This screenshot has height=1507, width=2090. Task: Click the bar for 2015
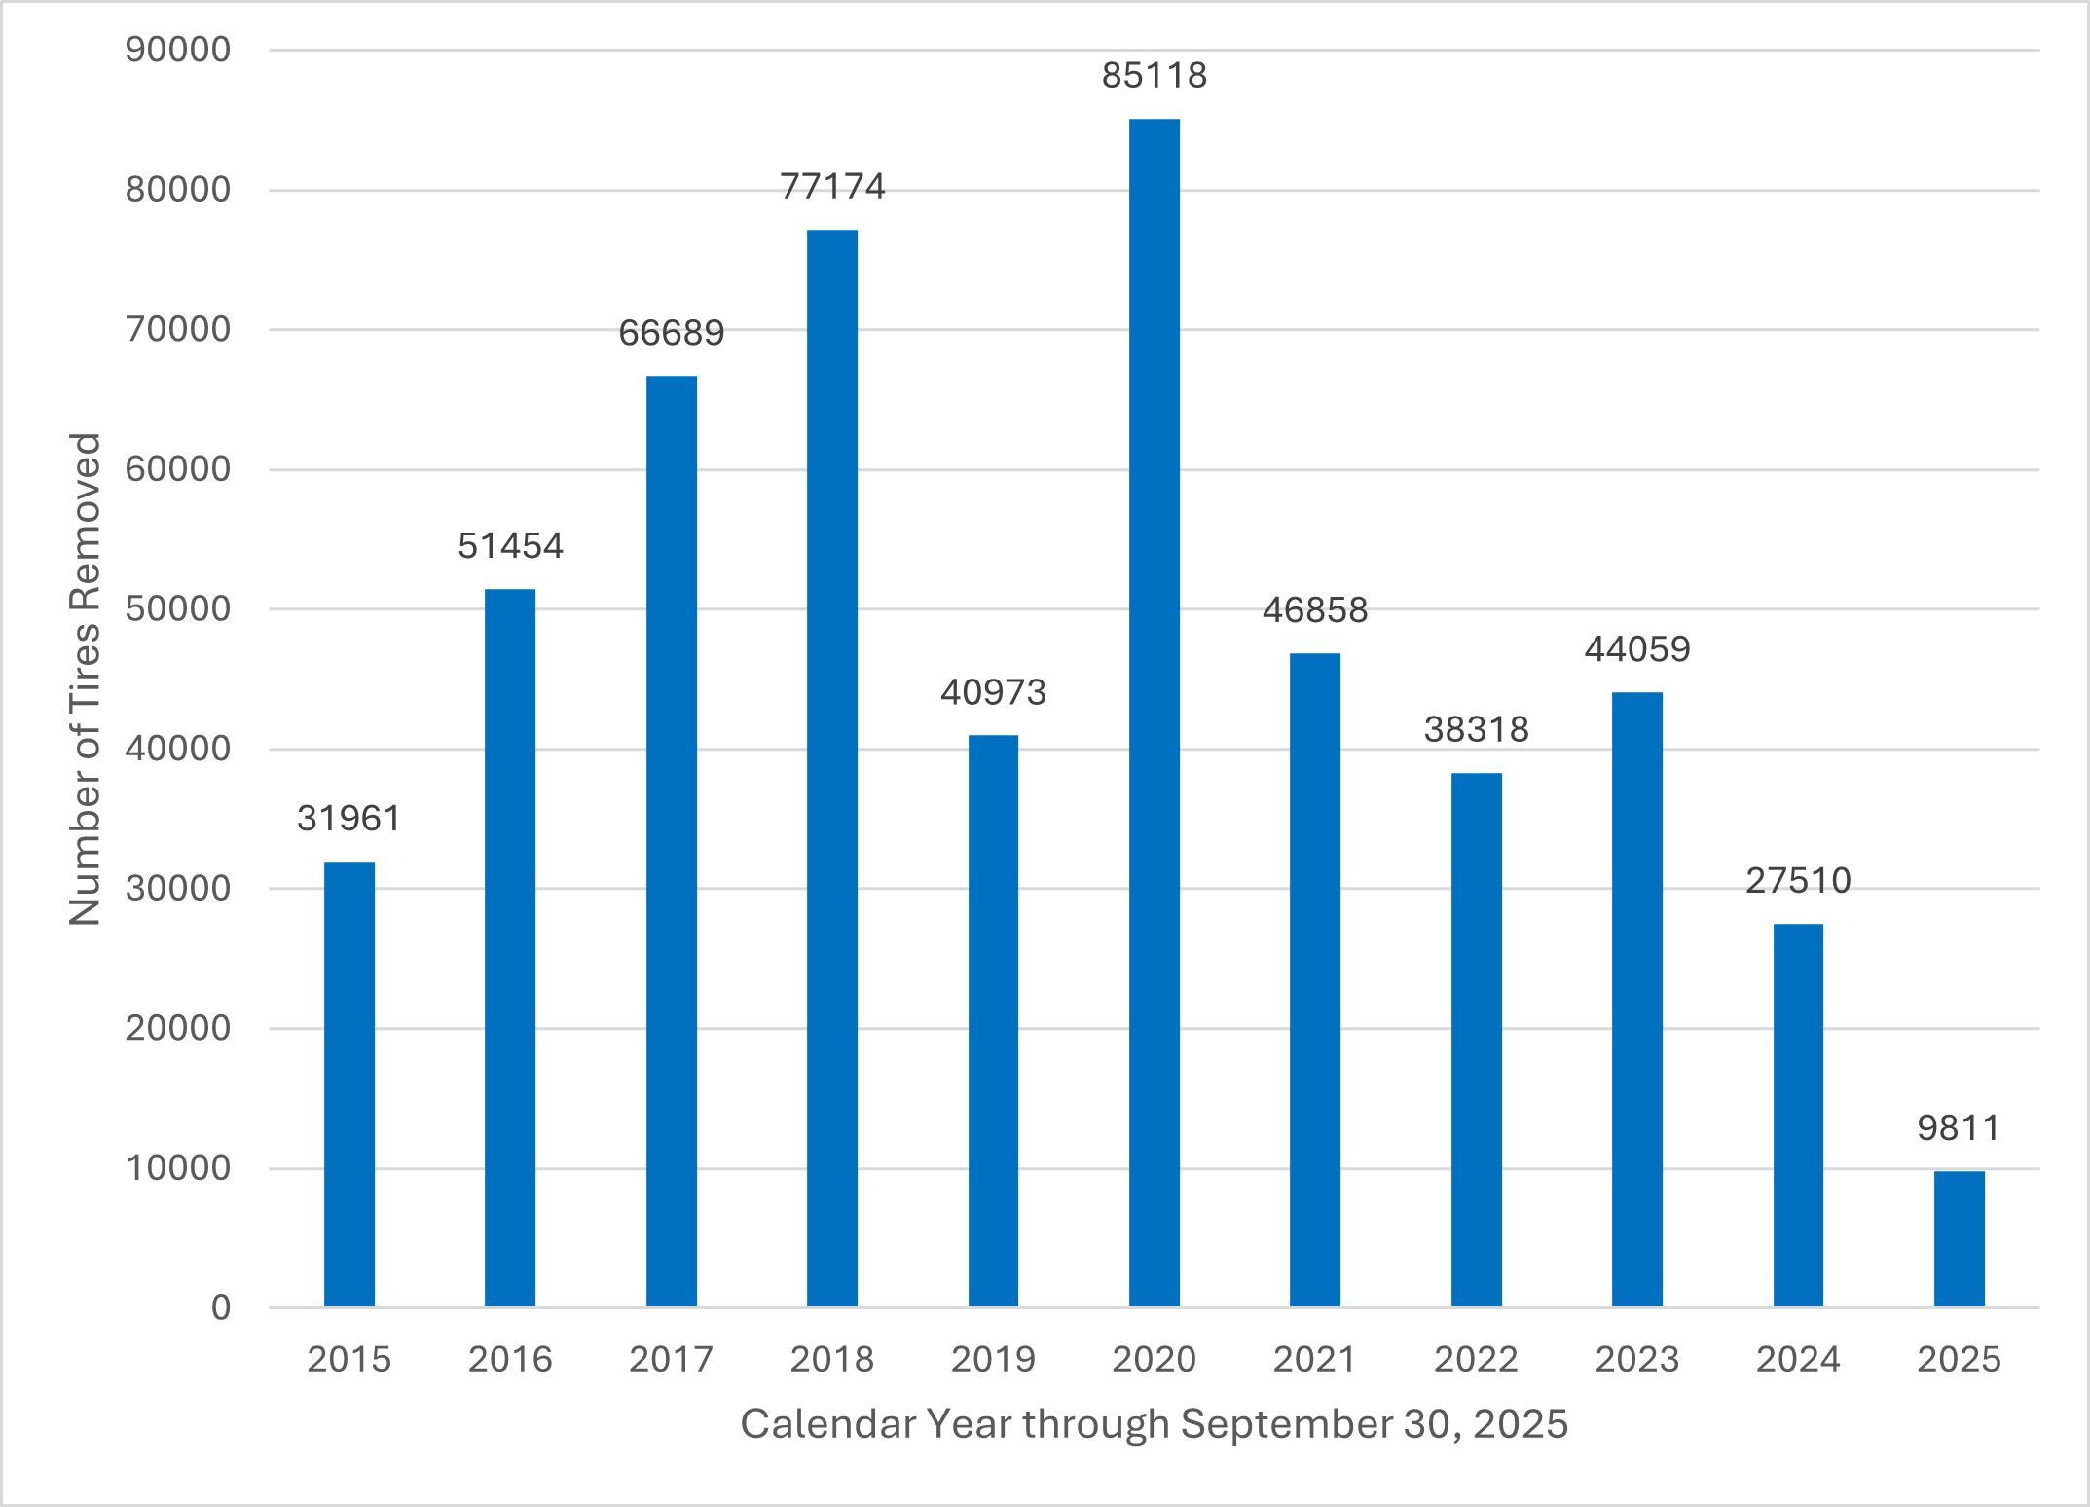(x=348, y=1084)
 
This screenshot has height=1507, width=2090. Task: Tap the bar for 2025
(x=1959, y=1238)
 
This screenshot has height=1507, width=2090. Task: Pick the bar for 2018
(x=832, y=768)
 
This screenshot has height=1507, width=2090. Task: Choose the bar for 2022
(x=1476, y=1040)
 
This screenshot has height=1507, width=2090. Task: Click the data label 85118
(x=1154, y=76)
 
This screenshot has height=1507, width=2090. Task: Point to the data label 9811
(x=1959, y=1128)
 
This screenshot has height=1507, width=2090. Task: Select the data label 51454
(x=510, y=546)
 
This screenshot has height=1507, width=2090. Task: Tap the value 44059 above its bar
(x=1637, y=649)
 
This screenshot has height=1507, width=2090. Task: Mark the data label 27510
(x=1798, y=881)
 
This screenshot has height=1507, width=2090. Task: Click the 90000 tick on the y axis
(x=178, y=50)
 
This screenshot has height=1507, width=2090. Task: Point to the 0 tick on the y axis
(x=221, y=1307)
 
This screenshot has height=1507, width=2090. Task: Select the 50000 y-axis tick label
(x=178, y=609)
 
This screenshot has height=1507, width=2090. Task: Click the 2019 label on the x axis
(x=993, y=1359)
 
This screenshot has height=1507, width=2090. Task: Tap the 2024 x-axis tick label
(x=1798, y=1359)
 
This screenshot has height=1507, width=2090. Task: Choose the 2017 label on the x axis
(x=671, y=1359)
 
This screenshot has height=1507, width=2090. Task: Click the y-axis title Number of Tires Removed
(x=85, y=679)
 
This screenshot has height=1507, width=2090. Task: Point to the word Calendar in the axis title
(x=827, y=1424)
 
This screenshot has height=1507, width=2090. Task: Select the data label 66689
(x=671, y=333)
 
